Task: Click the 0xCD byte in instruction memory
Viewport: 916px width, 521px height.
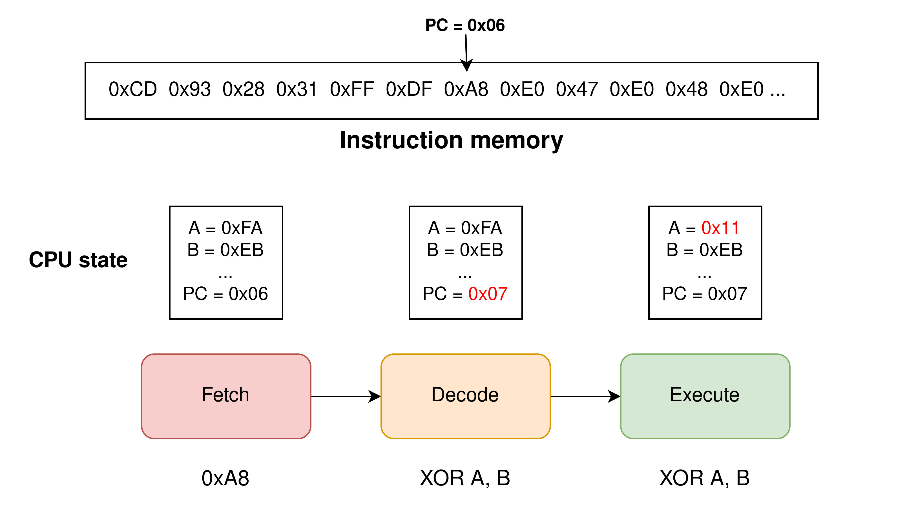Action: point(132,90)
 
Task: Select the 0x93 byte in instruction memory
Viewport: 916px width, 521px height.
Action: point(189,90)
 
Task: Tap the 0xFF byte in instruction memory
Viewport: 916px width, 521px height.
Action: point(352,90)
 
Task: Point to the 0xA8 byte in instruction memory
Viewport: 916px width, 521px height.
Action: point(466,90)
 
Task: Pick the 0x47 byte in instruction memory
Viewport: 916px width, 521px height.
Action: point(577,90)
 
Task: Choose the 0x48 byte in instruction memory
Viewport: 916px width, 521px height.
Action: point(686,90)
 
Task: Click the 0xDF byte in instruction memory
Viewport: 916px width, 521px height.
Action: point(409,90)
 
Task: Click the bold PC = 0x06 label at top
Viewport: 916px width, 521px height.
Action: point(464,25)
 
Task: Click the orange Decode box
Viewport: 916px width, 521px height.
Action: point(465,396)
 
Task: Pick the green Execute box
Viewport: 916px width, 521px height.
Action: point(705,396)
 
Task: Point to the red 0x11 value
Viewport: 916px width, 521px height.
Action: point(720,228)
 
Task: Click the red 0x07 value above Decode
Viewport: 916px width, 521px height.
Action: point(487,294)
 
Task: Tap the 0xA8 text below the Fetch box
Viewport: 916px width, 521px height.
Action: point(225,478)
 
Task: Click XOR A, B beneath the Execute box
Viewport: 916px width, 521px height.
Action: point(704,478)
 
